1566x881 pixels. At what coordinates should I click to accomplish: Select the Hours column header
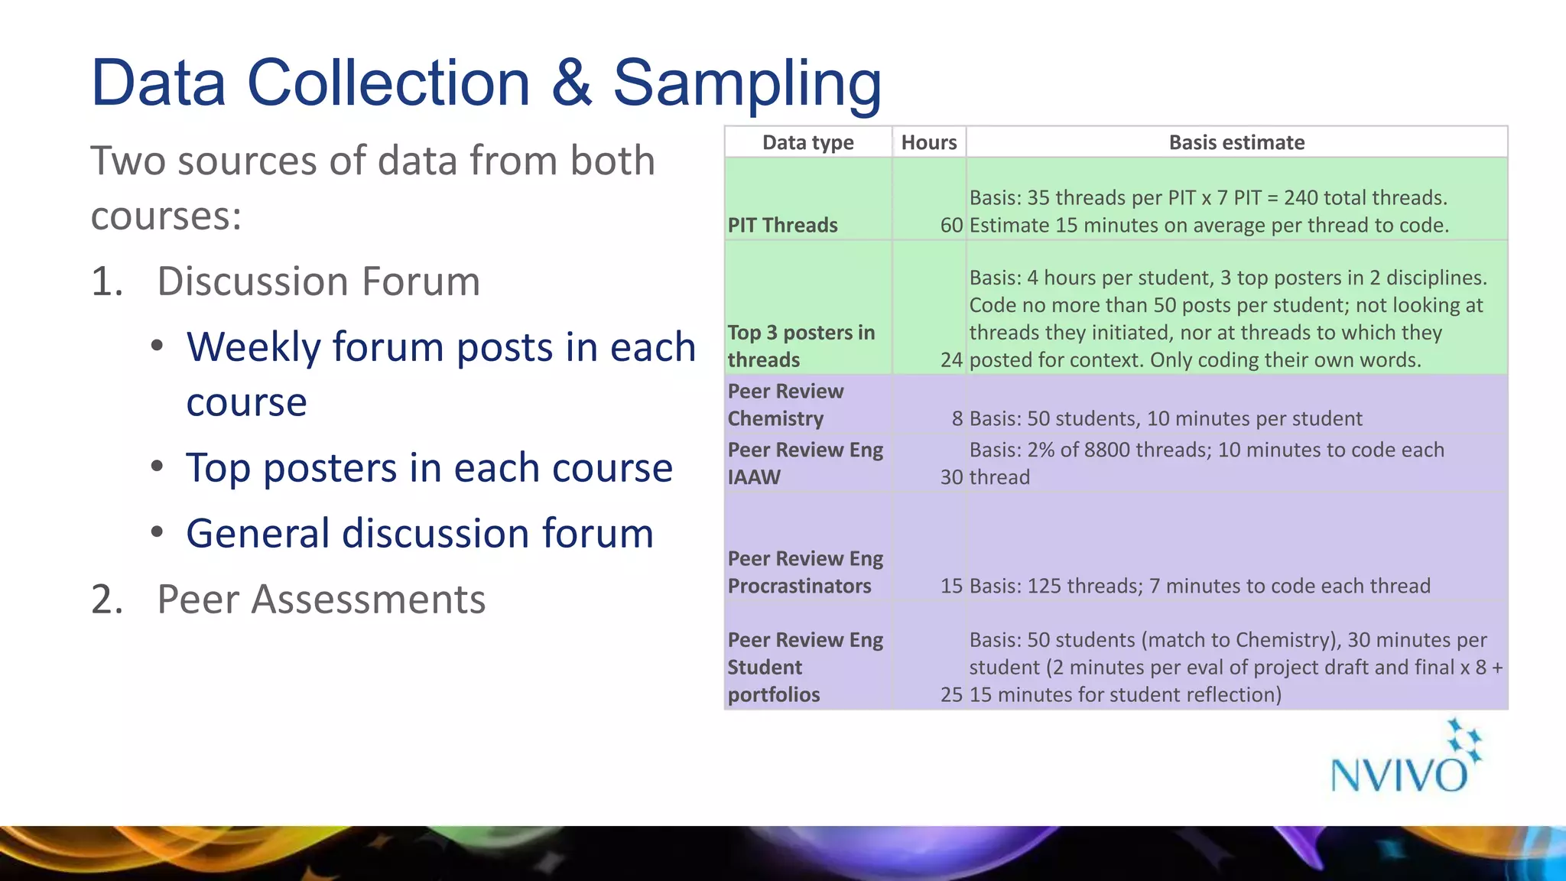pyautogui.click(x=928, y=142)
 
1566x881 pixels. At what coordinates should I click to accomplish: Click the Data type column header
pyautogui.click(x=807, y=142)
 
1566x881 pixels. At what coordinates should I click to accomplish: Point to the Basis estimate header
pyautogui.click(x=1236, y=142)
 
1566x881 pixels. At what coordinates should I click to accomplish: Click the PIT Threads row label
pyautogui.click(x=782, y=225)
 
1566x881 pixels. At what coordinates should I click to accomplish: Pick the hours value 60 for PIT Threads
pyautogui.click(x=951, y=225)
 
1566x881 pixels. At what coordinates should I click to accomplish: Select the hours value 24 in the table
pyautogui.click(x=951, y=359)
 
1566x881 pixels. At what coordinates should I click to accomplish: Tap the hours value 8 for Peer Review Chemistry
pyautogui.click(x=957, y=418)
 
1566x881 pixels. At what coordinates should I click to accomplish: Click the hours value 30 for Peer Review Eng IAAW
pyautogui.click(x=951, y=476)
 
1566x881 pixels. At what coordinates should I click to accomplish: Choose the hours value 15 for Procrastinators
pyautogui.click(x=951, y=586)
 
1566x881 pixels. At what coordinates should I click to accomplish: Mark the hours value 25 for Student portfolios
pyautogui.click(x=951, y=694)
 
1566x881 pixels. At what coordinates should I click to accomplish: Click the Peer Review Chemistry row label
pyautogui.click(x=785, y=405)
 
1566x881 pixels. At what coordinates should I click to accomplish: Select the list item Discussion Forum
pyautogui.click(x=318, y=281)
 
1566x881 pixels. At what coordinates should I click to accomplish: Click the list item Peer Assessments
pyautogui.click(x=320, y=599)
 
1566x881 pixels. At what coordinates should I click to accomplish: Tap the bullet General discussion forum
pyautogui.click(x=420, y=533)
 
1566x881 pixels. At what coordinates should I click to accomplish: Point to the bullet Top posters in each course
pyautogui.click(x=429, y=467)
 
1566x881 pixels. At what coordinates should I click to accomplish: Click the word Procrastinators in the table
pyautogui.click(x=799, y=586)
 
